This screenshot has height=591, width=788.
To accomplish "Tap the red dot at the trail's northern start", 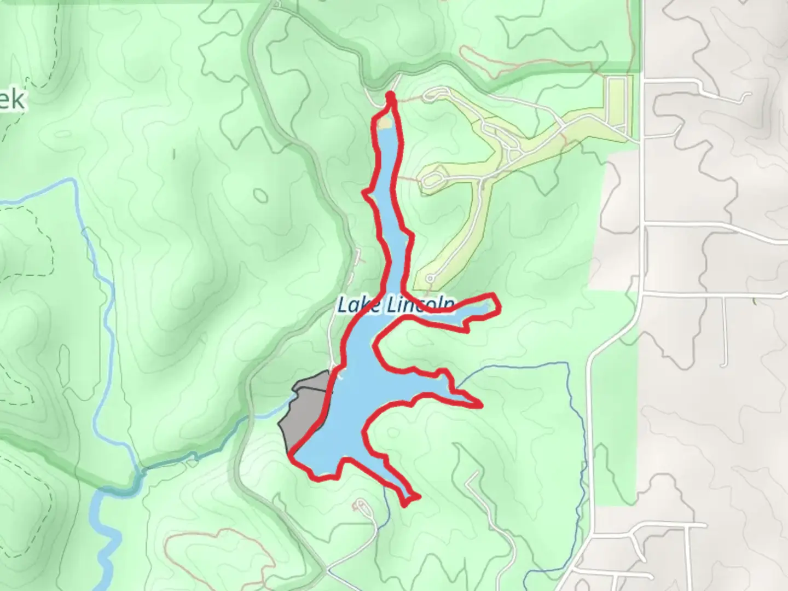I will [391, 97].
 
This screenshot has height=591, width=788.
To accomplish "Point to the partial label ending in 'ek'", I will [12, 101].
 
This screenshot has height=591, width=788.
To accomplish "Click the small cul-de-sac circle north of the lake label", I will [430, 279].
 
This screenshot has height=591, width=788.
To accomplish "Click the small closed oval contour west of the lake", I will [260, 195].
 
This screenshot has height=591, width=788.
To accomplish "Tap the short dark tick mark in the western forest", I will [174, 154].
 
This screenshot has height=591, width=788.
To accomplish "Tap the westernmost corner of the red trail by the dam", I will [291, 453].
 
